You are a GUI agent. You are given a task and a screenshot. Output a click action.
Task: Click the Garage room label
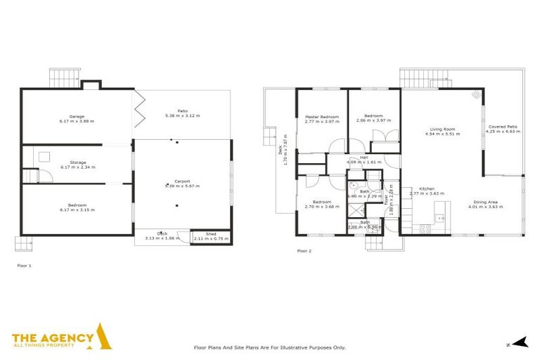(77, 116)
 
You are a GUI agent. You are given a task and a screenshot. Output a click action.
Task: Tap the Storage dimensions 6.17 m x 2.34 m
(77, 167)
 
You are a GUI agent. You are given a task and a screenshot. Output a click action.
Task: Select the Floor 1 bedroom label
(77, 205)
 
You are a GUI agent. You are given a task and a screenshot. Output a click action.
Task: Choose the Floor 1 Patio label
(182, 110)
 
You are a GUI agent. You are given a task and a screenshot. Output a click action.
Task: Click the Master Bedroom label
(322, 116)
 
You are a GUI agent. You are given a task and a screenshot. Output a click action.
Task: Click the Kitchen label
(427, 188)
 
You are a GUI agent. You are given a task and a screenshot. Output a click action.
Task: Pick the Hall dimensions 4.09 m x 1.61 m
(364, 162)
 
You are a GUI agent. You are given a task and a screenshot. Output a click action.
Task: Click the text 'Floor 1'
(24, 265)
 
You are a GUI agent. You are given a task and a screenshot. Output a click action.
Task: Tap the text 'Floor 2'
(304, 250)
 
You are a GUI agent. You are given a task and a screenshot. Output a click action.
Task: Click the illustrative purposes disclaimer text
(269, 347)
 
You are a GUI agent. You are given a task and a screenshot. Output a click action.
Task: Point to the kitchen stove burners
(425, 228)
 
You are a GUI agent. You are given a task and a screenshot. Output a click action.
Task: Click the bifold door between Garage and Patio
(139, 106)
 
